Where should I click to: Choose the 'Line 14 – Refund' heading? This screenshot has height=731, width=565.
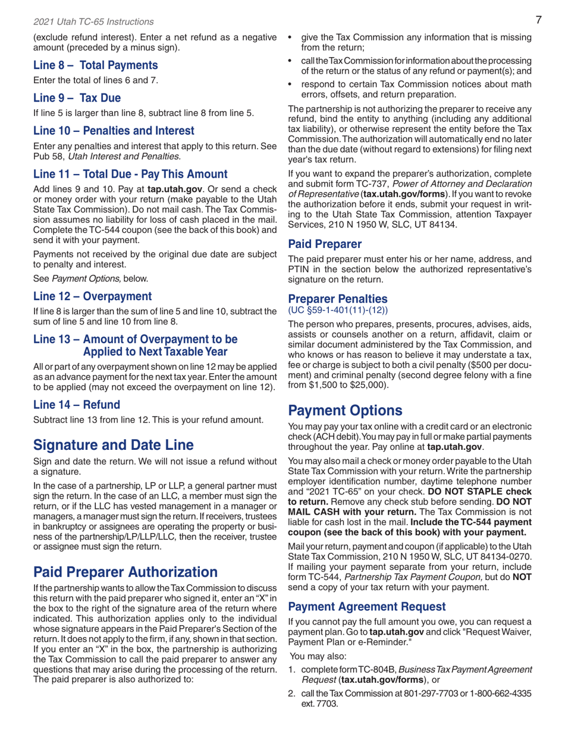[x=76, y=405]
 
